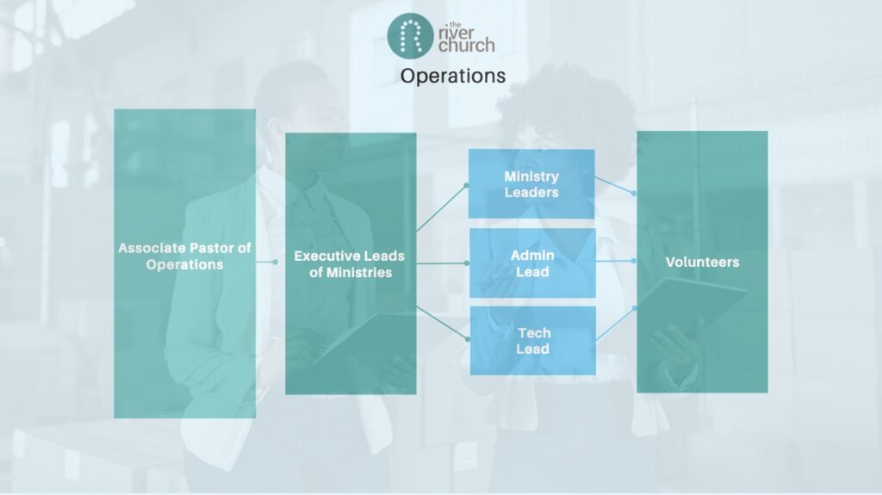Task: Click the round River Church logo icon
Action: pos(409,35)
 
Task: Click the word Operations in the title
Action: pos(452,76)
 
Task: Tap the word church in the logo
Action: pos(467,43)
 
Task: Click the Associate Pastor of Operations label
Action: pos(184,256)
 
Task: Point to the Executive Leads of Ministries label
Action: pos(350,263)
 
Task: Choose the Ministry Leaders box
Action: pos(531,184)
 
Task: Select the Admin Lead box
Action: pos(531,263)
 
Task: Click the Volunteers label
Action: pos(702,262)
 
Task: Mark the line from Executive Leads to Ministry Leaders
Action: pos(442,207)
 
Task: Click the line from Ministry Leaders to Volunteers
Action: pos(614,186)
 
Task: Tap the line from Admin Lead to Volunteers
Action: pos(614,260)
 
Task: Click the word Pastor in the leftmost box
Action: pos(207,248)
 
